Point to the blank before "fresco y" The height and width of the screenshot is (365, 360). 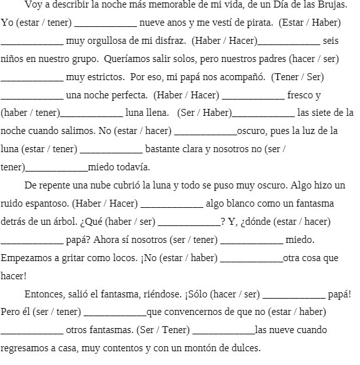tap(253, 96)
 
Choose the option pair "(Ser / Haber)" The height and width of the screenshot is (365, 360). tap(204, 113)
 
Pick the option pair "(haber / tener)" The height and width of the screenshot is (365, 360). tap(30, 113)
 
